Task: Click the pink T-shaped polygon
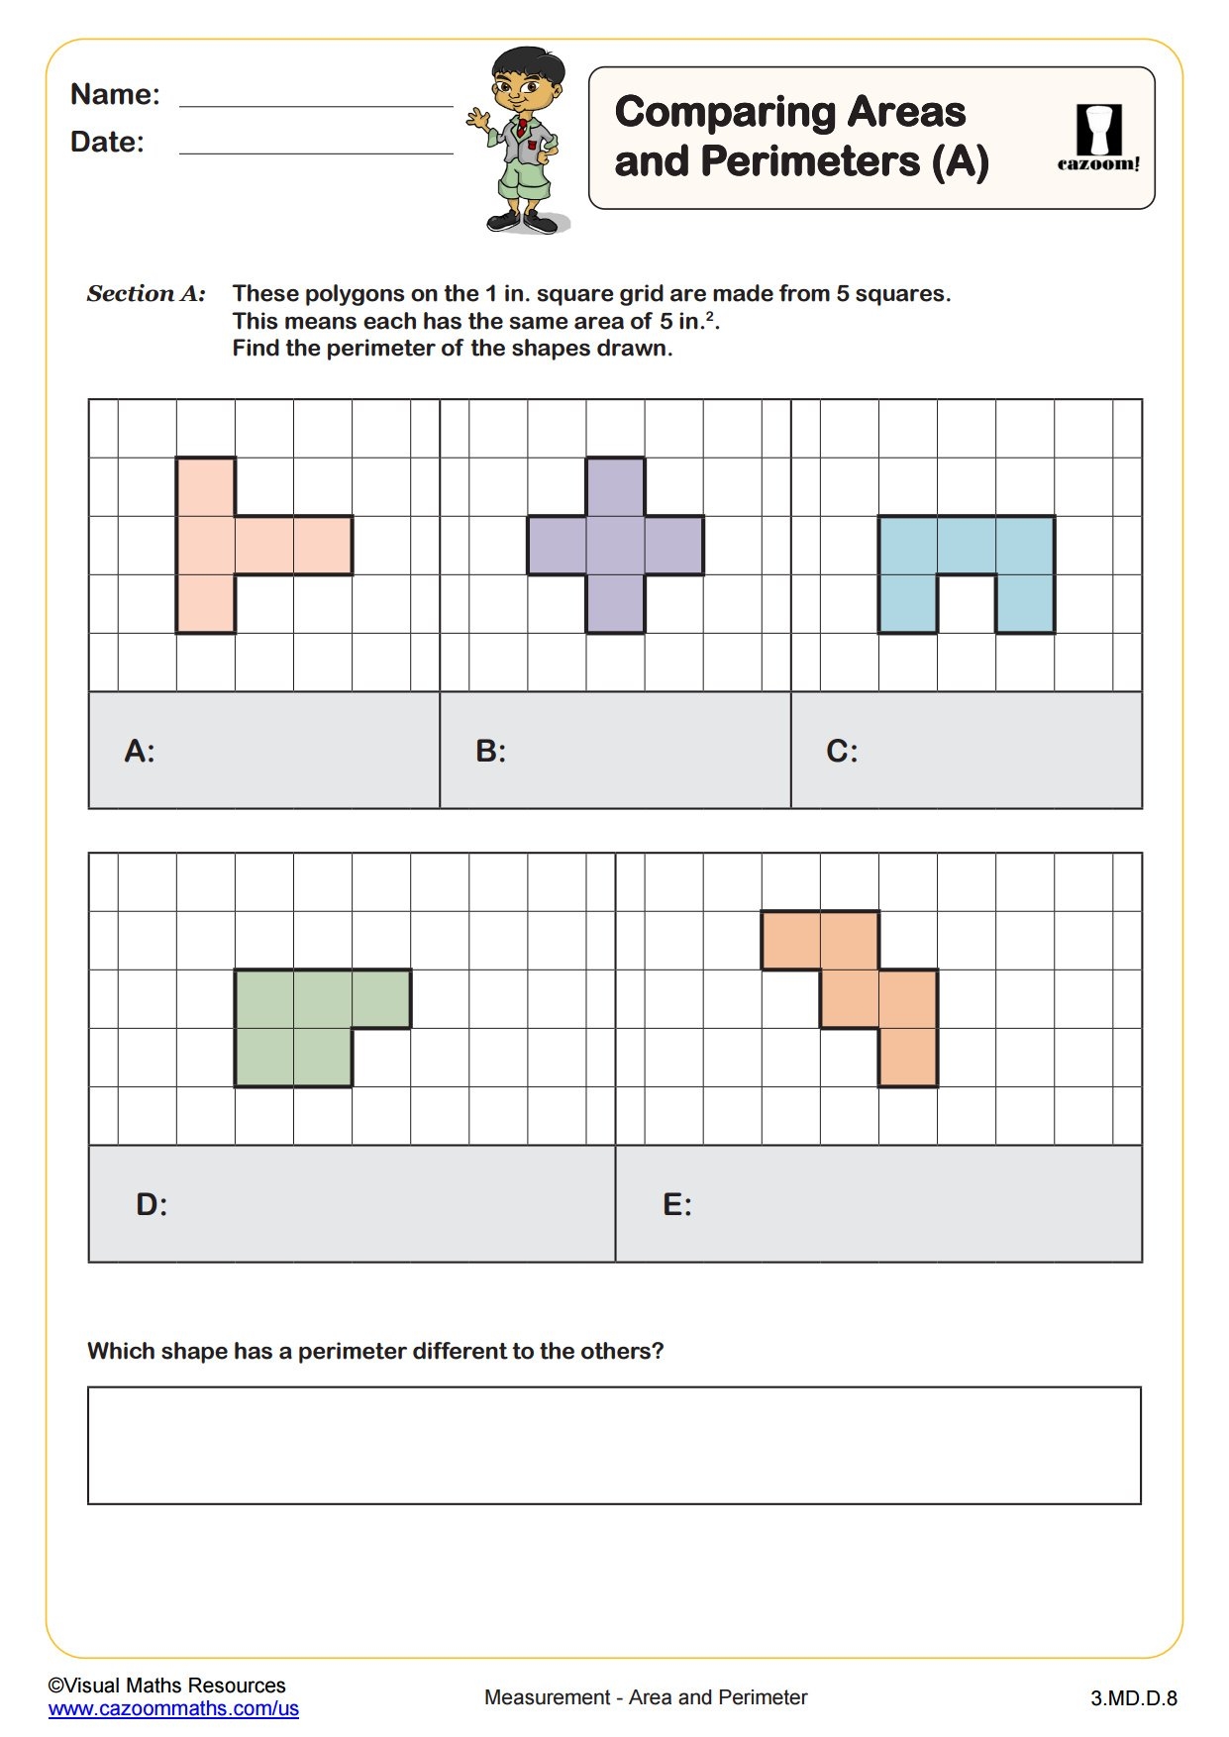click(x=206, y=545)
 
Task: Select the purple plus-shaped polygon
click(x=615, y=545)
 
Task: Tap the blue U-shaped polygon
click(x=966, y=545)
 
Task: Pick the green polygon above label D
click(x=293, y=1027)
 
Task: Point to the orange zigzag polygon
click(x=850, y=998)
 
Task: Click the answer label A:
click(x=140, y=752)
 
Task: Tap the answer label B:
click(x=490, y=752)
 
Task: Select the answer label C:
click(x=842, y=752)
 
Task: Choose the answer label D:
click(x=152, y=1205)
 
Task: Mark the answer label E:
click(x=677, y=1205)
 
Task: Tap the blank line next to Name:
click(x=316, y=103)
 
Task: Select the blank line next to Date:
click(x=316, y=151)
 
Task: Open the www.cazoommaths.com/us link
click(x=173, y=1708)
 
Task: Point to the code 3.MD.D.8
click(x=1133, y=1698)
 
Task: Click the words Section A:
click(x=147, y=294)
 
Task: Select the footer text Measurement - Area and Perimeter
click(x=646, y=1697)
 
